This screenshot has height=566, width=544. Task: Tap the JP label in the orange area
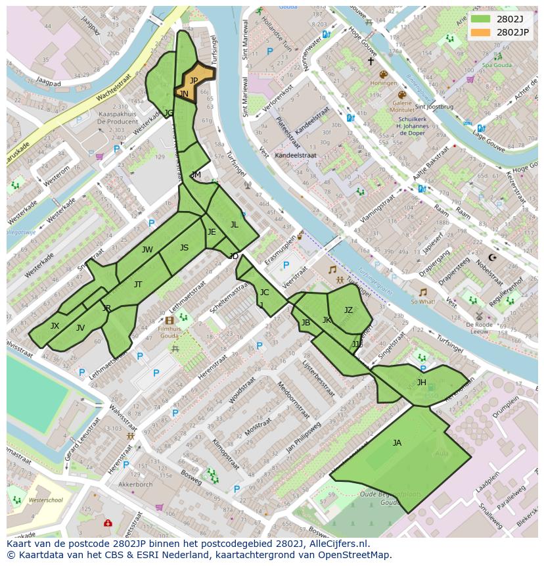(x=194, y=81)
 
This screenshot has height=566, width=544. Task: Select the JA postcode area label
(x=397, y=443)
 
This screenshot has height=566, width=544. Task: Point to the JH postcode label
(x=421, y=383)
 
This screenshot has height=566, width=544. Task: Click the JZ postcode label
(x=348, y=310)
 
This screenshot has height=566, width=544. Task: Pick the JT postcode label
(x=138, y=285)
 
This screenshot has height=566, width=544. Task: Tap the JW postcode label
(x=147, y=250)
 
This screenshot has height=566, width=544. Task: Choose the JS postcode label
(x=184, y=248)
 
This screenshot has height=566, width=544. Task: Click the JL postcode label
(x=234, y=225)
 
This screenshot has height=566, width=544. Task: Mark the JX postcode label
(x=55, y=326)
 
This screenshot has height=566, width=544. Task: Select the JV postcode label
(x=80, y=328)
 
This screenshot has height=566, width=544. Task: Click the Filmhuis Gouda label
(x=169, y=331)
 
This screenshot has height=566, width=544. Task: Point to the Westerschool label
(x=46, y=500)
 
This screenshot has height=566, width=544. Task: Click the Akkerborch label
(x=135, y=484)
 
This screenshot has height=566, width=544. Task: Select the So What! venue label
(x=422, y=302)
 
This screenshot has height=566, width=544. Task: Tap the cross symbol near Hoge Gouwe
(x=371, y=61)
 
